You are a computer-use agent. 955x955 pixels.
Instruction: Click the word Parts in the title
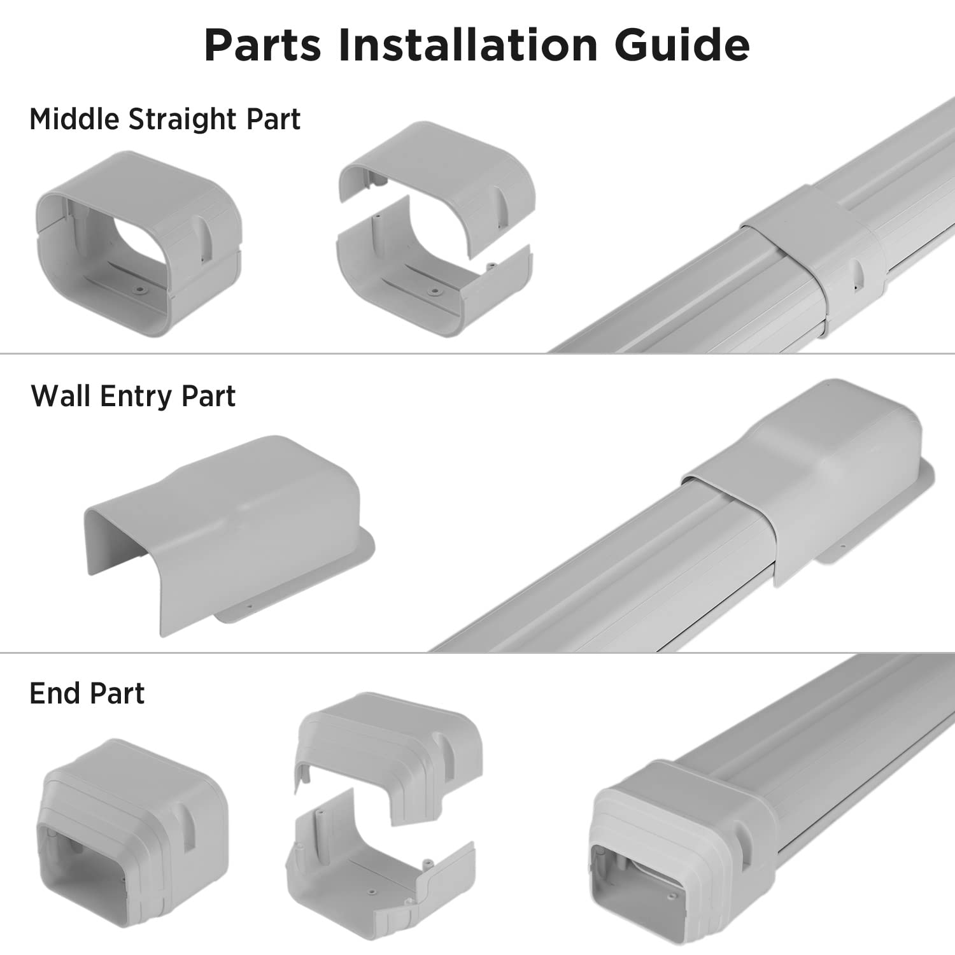262,45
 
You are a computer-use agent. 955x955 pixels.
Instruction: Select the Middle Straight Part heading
165,119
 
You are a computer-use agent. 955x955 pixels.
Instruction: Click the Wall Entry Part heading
133,396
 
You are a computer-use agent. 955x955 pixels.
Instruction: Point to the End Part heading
87,693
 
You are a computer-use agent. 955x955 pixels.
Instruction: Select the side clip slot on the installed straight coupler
857,271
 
